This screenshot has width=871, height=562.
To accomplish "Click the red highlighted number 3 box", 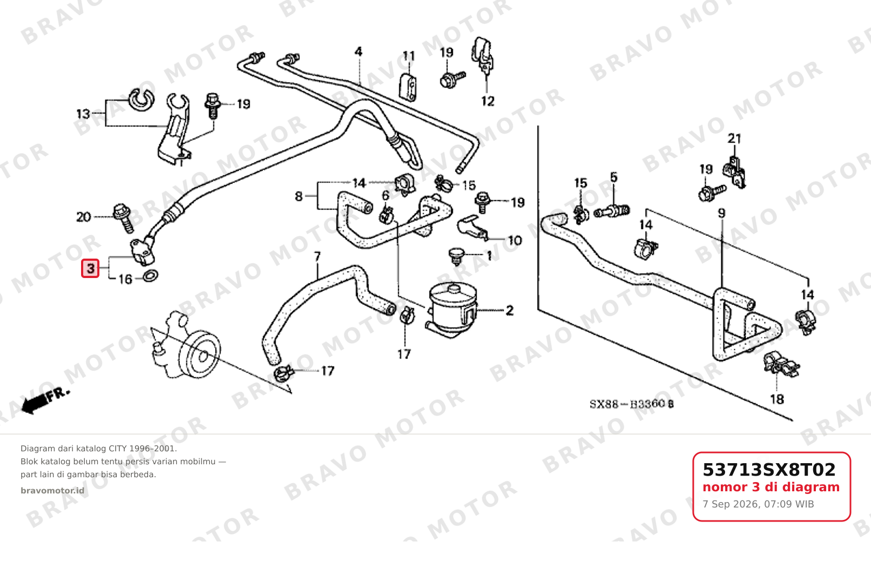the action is coord(90,268).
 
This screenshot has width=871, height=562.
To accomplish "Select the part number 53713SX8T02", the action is coord(769,470).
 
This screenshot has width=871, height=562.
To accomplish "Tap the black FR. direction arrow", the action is coord(45,401).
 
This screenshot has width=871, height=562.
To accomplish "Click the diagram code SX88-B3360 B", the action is coord(632,404).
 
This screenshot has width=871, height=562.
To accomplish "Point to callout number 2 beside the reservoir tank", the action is coord(510,310).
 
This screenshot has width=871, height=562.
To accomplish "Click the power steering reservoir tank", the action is coord(452,309).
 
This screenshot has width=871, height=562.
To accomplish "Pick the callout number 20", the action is coord(84,216).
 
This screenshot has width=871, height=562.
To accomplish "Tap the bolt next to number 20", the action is coord(124,218).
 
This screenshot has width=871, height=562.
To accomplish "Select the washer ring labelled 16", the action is coord(150,276).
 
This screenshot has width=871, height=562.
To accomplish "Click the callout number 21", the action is coord(734,139).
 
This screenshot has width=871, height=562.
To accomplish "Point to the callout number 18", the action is coord(777,399).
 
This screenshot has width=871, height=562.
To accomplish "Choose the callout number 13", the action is coord(83,114).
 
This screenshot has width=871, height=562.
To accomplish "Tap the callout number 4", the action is coord(358,52).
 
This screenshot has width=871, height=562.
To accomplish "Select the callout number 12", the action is coord(487,101).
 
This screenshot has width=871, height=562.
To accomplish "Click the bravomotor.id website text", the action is coord(52,491).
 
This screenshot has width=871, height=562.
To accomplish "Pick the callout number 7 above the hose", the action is coord(317,256).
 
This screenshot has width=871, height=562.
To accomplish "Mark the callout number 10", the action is coord(515,240).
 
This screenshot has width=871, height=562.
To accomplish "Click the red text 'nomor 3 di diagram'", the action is coord(771,487).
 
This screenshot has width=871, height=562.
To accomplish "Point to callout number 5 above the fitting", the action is coord(614,177).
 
